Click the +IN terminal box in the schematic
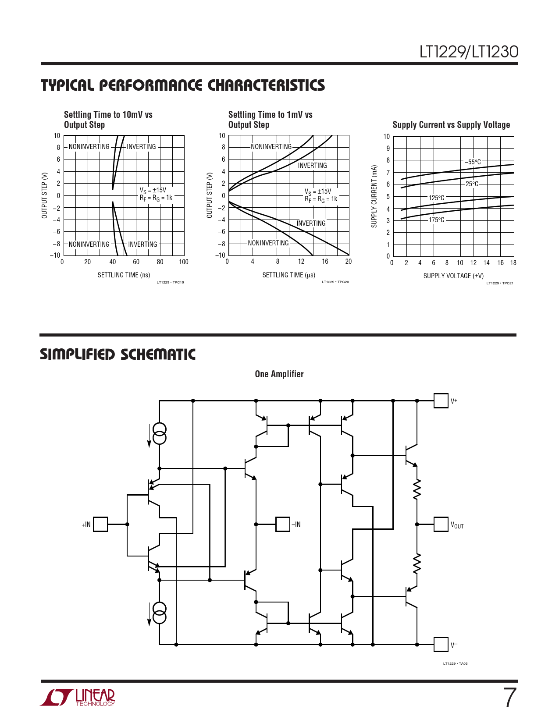[100, 524]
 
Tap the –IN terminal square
[283, 524]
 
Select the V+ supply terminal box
[441, 400]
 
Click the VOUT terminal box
[441, 524]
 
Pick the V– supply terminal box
[441, 645]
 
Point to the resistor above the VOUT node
[417, 489]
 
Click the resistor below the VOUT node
[417, 564]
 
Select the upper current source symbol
[160, 433]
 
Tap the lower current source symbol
[160, 613]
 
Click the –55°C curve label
[473, 162]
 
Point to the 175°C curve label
[436, 220]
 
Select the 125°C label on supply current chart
[436, 198]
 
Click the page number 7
[510, 698]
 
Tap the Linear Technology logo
[78, 697]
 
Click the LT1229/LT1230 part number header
[469, 52]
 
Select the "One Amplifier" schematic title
[279, 374]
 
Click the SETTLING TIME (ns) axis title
[124, 275]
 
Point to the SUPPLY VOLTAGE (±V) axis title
[453, 276]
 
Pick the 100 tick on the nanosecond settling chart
[183, 262]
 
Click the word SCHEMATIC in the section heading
[158, 354]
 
